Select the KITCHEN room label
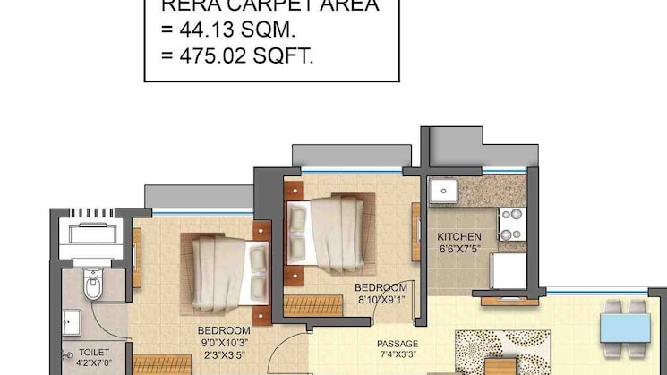pos(459,236)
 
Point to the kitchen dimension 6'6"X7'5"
pos(459,249)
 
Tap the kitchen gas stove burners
pos(511,224)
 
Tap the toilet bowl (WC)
pos(92,286)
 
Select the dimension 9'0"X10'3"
pos(224,342)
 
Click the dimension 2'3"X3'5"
pos(224,354)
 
